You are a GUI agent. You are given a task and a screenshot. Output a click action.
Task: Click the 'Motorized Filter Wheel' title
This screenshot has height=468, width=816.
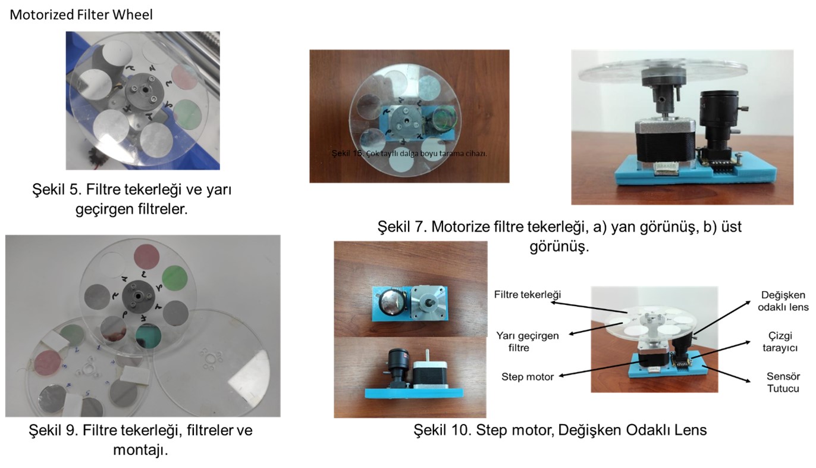(81, 15)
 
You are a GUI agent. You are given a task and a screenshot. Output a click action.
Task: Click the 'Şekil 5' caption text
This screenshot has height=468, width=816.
(132, 199)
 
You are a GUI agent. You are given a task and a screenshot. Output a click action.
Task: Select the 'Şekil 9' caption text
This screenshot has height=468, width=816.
(140, 439)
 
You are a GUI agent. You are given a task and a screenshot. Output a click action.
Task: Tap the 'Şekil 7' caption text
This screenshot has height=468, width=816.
(559, 236)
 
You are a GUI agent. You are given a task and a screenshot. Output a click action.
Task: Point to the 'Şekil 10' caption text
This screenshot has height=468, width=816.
(560, 430)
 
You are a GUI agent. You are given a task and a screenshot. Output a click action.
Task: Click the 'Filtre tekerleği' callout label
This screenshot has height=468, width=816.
(527, 294)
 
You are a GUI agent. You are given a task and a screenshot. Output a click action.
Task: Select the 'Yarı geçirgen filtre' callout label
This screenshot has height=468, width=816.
(527, 341)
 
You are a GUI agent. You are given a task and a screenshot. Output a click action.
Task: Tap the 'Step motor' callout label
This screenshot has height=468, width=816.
(527, 377)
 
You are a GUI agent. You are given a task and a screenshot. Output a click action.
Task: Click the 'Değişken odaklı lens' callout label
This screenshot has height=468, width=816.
(783, 301)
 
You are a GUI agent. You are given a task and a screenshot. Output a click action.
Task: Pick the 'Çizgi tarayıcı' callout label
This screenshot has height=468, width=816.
(780, 341)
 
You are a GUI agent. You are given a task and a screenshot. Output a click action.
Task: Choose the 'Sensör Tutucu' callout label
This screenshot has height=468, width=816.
(783, 382)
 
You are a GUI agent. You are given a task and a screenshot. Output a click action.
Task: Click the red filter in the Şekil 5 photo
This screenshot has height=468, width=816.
(184, 77)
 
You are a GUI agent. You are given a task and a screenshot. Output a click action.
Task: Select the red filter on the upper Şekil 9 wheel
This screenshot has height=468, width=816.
(146, 257)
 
